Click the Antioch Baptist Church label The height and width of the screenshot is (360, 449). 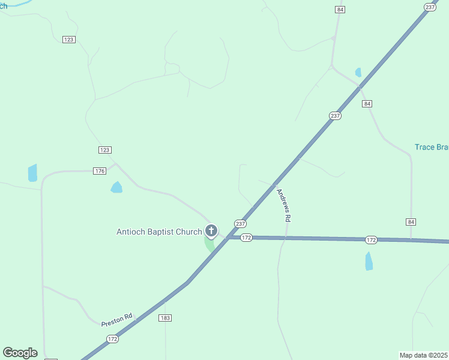(x=159, y=231)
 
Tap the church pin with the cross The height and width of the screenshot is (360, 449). (x=211, y=230)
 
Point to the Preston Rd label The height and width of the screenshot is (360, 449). (x=116, y=319)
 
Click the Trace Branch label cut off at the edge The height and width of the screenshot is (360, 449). (x=432, y=147)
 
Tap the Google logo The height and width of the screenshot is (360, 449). (x=20, y=353)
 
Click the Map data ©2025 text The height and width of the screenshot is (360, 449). (x=424, y=355)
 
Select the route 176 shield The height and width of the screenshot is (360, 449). (x=100, y=171)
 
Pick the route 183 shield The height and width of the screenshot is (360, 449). (x=165, y=317)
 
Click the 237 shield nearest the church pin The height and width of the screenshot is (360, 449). (x=240, y=223)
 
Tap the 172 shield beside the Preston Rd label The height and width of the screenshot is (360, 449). (x=113, y=339)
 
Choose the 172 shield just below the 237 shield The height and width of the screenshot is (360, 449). (x=246, y=238)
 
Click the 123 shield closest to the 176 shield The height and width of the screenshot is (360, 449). (x=105, y=150)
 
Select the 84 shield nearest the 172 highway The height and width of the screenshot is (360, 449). (x=411, y=222)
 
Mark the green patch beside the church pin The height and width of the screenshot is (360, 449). (x=209, y=245)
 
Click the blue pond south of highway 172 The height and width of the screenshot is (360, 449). (x=369, y=261)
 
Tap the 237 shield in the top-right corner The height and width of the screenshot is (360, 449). (x=430, y=7)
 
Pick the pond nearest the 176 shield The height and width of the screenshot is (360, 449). (x=116, y=188)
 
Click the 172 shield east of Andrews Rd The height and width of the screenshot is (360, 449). (x=371, y=240)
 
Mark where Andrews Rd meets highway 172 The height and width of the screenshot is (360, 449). (x=286, y=238)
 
